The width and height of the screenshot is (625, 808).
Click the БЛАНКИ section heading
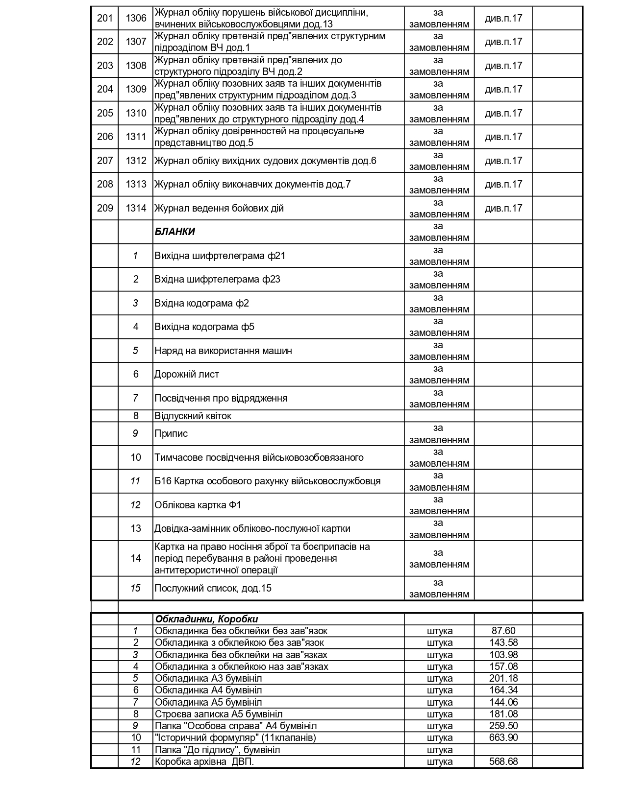(175, 232)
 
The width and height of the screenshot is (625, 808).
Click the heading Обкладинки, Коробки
(206, 619)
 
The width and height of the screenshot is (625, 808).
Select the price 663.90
(503, 737)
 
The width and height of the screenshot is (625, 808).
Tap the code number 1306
(136, 18)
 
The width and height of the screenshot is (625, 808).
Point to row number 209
(105, 208)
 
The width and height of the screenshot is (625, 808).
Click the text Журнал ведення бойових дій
(219, 208)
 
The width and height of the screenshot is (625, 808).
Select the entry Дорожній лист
(186, 374)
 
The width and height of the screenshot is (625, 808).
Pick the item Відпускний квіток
(193, 416)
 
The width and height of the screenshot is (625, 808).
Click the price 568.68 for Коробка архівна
(503, 761)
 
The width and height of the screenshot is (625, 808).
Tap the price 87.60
(503, 631)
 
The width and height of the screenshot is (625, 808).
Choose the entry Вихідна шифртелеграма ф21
(220, 256)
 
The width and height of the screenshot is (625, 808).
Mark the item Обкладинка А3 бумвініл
(208, 678)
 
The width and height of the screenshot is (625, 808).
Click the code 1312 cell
(136, 161)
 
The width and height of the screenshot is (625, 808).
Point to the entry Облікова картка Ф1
(198, 505)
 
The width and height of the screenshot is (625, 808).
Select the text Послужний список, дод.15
(213, 588)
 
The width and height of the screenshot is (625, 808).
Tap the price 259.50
(503, 726)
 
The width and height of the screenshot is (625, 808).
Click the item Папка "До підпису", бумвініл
(217, 750)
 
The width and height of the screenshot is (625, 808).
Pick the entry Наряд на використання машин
(223, 351)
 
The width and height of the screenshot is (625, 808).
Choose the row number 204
(105, 89)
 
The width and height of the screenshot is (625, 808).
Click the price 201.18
(503, 678)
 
